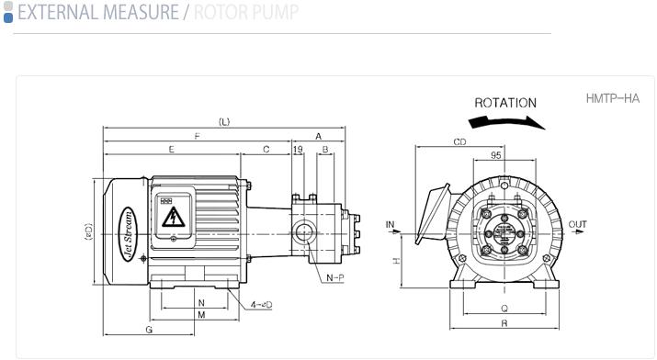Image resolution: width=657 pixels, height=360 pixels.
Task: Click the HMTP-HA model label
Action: click(613, 99)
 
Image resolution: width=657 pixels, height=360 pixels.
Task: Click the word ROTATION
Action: click(505, 103)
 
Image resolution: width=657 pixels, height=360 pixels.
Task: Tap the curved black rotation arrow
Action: click(506, 122)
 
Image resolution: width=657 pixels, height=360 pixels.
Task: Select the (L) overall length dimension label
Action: click(224, 122)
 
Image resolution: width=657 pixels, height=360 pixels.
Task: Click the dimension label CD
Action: click(459, 142)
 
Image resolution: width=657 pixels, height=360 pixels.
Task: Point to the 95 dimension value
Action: click(495, 155)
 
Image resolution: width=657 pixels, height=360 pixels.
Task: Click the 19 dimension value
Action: click(298, 150)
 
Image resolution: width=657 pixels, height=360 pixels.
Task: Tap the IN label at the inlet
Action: click(391, 225)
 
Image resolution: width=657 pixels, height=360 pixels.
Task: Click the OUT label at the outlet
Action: click(577, 224)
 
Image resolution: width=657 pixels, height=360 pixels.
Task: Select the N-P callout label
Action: click(335, 277)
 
